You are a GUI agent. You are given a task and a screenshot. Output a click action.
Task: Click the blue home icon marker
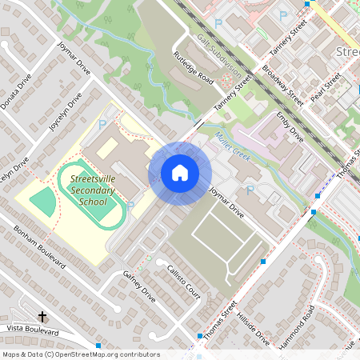[180, 173]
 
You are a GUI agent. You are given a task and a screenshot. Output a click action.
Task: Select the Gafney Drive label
[139, 286]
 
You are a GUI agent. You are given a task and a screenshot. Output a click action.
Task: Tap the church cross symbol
[42, 318]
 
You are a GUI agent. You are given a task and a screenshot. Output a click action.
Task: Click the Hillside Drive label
[253, 329]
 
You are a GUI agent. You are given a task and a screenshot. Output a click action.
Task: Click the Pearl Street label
[326, 86]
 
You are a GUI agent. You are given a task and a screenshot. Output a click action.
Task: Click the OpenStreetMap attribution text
[81, 354]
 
